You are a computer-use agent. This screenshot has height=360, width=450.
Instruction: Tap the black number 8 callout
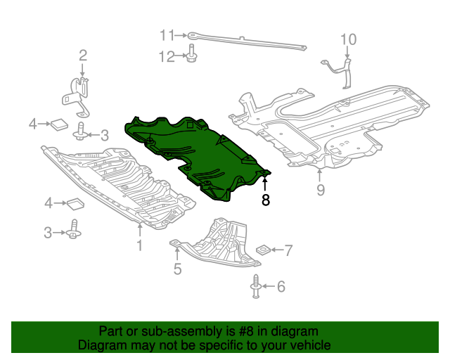[x=265, y=200]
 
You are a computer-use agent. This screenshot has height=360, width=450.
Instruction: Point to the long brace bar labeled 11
[x=246, y=41]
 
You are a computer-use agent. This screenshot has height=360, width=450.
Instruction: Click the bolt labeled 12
[x=191, y=54]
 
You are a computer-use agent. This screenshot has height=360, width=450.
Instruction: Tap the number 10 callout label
[x=349, y=39]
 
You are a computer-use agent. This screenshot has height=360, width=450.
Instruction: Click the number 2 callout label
[x=82, y=55]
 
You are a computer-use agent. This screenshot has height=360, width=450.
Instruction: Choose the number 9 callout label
[x=321, y=191]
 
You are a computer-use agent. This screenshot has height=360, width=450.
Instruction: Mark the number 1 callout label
[x=139, y=245]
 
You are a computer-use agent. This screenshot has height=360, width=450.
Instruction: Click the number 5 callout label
[x=178, y=268]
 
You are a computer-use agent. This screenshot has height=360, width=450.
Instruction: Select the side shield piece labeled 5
[x=218, y=246]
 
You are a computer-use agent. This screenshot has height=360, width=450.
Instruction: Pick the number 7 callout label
[x=288, y=250]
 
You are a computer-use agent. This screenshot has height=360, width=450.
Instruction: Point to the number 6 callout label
[x=281, y=286]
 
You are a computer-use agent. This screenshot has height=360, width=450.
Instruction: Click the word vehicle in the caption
[x=309, y=345]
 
